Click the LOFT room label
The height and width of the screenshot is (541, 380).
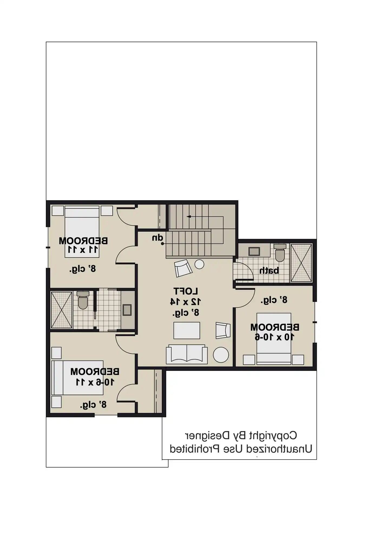click(186, 291)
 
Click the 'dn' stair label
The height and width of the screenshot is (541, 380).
click(157, 238)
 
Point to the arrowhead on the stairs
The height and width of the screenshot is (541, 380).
click(189, 217)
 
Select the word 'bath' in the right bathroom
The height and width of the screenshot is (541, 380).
click(269, 270)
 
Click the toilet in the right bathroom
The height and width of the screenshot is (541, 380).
click(280, 253)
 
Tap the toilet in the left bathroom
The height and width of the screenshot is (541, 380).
click(83, 300)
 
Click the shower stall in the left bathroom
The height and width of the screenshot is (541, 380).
click(62, 310)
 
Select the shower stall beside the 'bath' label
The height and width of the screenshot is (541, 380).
click(301, 263)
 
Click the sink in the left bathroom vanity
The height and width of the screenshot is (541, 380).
click(127, 310)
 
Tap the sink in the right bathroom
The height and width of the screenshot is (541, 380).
click(254, 252)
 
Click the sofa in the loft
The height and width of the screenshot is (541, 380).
click(187, 354)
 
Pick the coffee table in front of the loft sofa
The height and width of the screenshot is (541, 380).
click(187, 330)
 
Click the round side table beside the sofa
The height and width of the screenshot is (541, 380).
click(221, 355)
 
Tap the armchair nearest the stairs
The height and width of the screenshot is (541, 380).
click(183, 268)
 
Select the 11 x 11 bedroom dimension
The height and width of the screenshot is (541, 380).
click(83, 249)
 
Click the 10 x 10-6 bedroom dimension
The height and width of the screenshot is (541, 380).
click(275, 337)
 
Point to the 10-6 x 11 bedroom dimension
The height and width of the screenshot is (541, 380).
click(95, 382)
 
